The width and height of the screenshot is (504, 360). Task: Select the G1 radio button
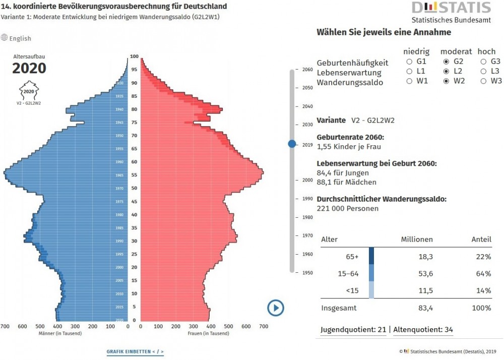409,62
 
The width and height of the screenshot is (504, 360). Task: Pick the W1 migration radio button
409,81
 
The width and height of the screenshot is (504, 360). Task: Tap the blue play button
276,308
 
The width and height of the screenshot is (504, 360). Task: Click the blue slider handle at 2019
292,144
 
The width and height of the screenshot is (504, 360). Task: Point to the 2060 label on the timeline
307,70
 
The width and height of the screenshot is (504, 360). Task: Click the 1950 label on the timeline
307,273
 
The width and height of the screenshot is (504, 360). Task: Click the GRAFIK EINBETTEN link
135,351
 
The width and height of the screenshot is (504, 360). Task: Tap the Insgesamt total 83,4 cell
424,308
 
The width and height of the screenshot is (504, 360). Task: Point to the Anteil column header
481,239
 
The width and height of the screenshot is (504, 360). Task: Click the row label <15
353,291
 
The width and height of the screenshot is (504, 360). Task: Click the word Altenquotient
417,330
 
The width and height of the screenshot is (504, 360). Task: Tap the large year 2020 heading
29,69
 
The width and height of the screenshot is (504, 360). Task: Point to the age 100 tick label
134,56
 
